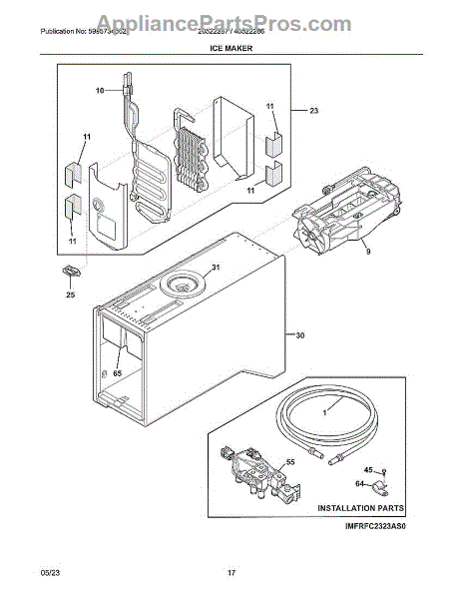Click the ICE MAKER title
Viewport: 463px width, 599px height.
(231, 46)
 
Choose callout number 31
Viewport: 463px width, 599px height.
(215, 268)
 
